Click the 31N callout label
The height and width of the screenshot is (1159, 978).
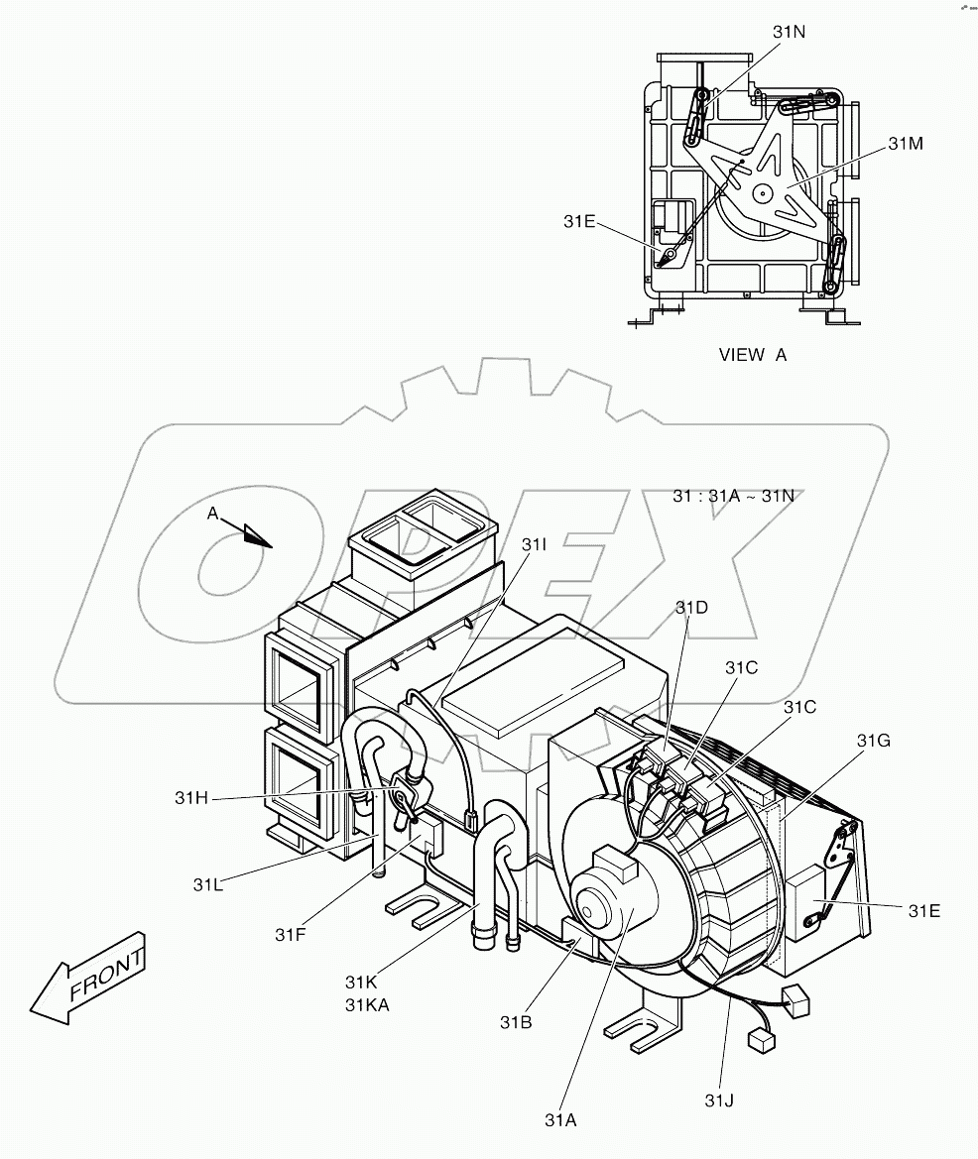(x=790, y=32)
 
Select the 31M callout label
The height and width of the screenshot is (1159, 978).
(x=905, y=144)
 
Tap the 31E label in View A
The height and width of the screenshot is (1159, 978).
(x=579, y=221)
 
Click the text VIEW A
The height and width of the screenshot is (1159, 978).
(x=752, y=355)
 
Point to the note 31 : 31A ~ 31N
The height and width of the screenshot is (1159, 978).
(x=733, y=495)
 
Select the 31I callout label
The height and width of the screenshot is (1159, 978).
(x=534, y=544)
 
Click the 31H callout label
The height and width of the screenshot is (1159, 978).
(x=191, y=797)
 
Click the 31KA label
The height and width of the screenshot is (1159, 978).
(x=367, y=1003)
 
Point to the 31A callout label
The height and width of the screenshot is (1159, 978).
(x=559, y=1120)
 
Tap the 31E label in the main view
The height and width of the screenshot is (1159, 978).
(x=923, y=909)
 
